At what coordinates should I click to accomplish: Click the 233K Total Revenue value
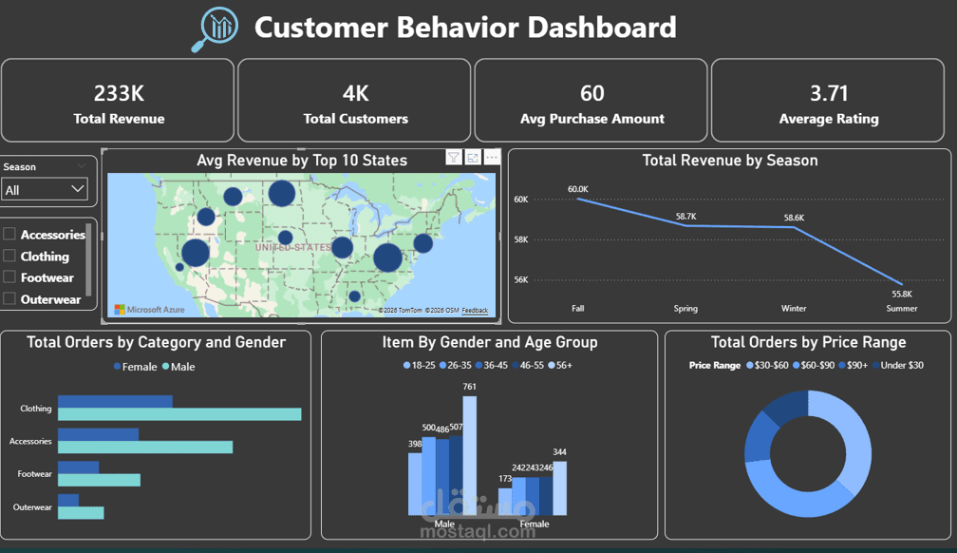coord(119,93)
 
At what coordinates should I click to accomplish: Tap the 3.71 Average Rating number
coord(828,93)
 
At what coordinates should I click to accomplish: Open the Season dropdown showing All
coord(46,190)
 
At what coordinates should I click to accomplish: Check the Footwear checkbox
coord(9,277)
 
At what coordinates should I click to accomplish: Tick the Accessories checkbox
coord(9,234)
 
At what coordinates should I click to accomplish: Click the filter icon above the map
coord(454,158)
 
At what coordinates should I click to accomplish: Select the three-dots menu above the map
coord(491,158)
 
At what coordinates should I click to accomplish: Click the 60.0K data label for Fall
coord(578,189)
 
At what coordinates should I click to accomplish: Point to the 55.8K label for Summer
coord(901,294)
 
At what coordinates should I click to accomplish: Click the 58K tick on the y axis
coord(521,239)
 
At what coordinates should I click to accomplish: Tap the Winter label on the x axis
coord(794,308)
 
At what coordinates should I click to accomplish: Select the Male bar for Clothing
coord(179,414)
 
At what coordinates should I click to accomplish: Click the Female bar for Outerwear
coord(68,500)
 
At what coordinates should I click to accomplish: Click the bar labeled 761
coord(469,456)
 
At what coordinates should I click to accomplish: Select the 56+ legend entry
coord(560,365)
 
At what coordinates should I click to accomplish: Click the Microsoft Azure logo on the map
coord(149,310)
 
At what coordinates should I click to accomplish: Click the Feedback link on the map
coord(475,311)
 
